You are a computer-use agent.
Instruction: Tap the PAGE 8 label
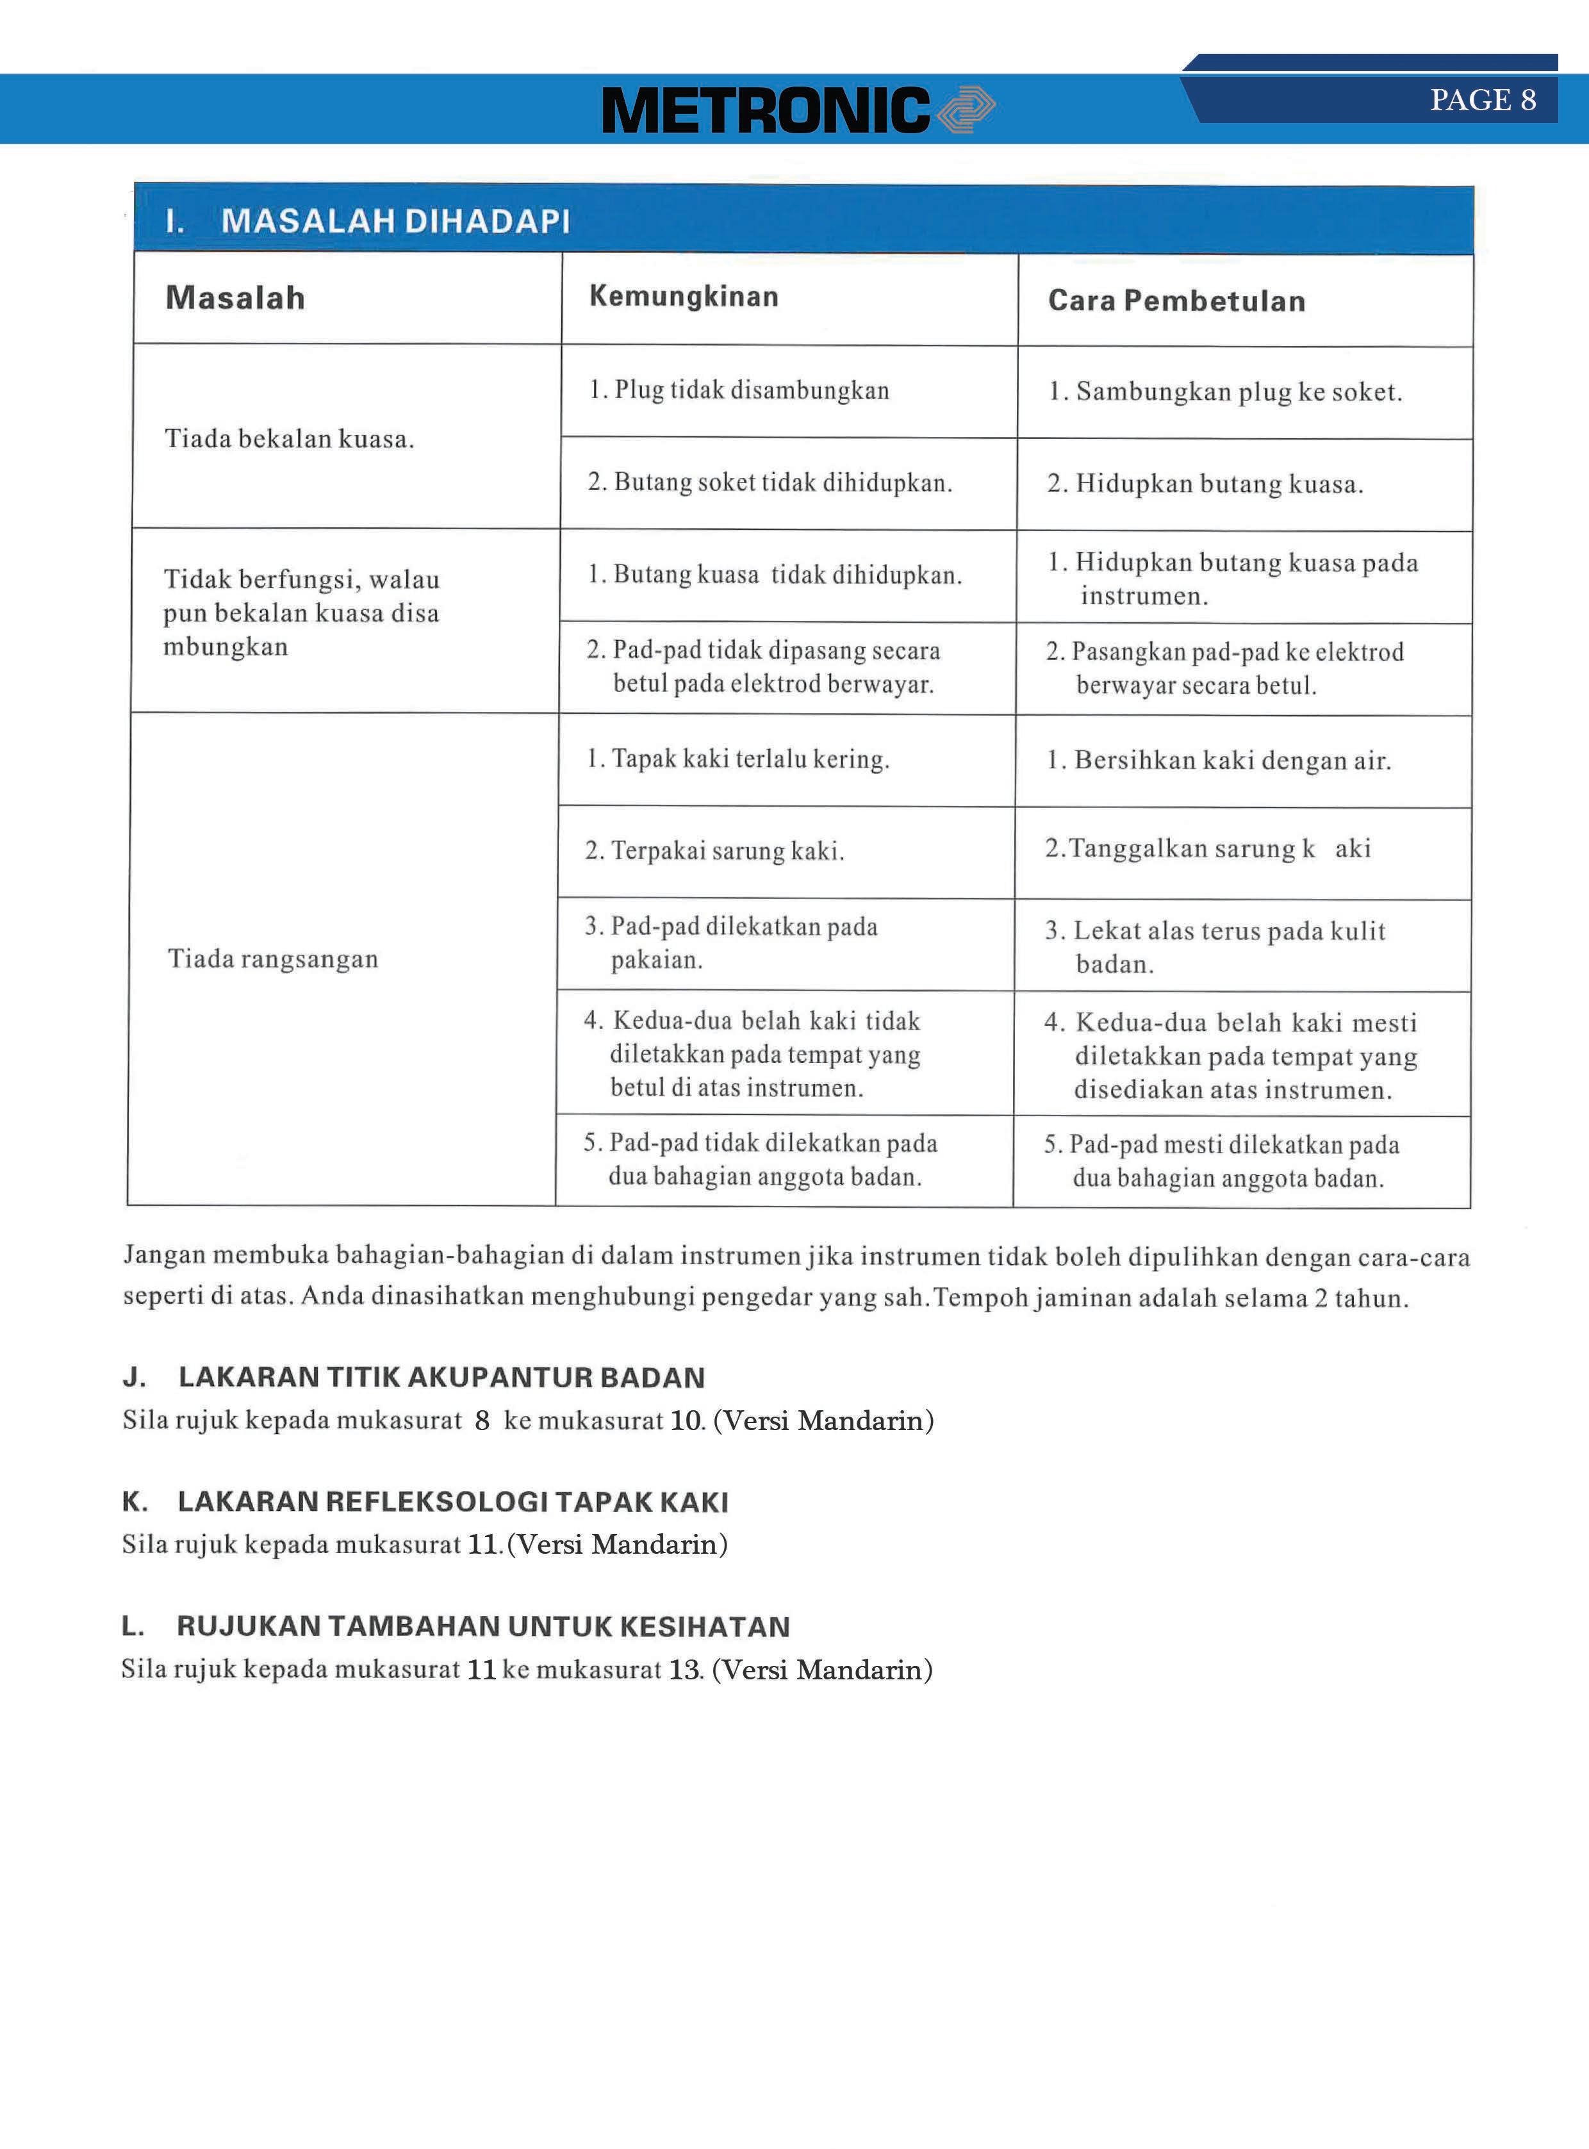[1482, 100]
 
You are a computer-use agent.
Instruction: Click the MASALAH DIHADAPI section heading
[395, 221]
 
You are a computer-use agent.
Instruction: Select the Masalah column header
[236, 298]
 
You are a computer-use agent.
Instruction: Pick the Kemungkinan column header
[684, 296]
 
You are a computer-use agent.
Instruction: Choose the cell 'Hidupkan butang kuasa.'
[1205, 484]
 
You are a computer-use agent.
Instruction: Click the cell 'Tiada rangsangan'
[273, 959]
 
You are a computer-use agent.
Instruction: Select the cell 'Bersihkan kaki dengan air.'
[1219, 761]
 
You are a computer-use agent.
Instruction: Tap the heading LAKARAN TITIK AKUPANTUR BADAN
[441, 1378]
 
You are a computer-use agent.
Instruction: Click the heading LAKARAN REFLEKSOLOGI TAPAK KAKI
[453, 1502]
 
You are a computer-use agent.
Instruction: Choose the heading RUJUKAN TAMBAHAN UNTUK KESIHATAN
[483, 1627]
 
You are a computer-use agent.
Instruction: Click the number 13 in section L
[685, 1670]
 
